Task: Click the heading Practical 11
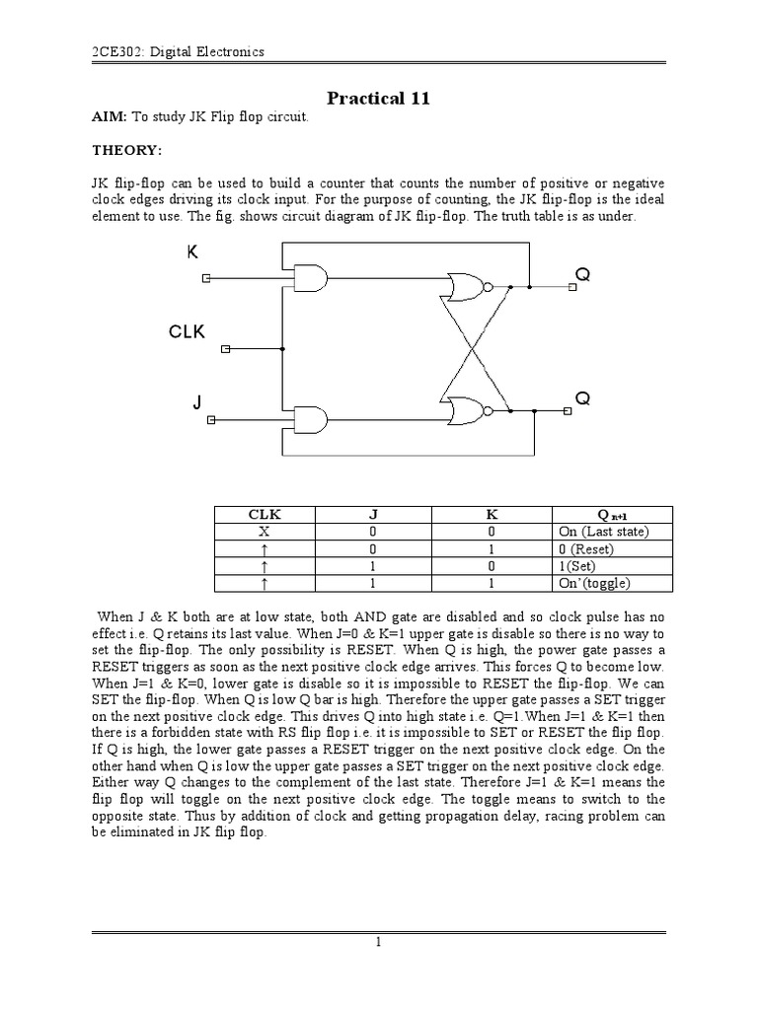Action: tap(378, 98)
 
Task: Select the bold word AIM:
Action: tap(109, 117)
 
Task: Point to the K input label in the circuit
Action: tap(192, 252)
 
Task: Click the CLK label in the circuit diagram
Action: tap(187, 332)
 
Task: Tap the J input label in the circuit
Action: tap(197, 402)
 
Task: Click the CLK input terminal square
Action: tap(226, 348)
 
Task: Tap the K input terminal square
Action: tap(207, 279)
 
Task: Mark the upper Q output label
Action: tap(582, 276)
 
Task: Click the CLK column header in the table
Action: tap(265, 514)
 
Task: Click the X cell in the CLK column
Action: tap(265, 532)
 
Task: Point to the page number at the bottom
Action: tap(378, 943)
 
